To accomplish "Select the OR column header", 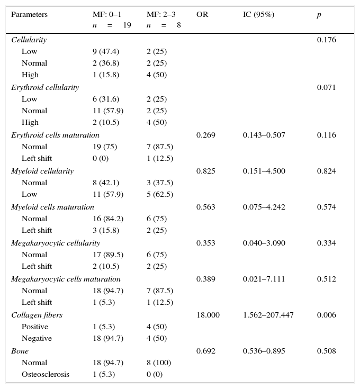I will [202, 15].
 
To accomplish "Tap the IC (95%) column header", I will [258, 15].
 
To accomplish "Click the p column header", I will [319, 15].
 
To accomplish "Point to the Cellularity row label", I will [29, 40].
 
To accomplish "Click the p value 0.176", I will [326, 40].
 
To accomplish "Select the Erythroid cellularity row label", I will [45, 88].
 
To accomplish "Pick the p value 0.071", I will [326, 88].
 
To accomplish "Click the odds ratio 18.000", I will [208, 315].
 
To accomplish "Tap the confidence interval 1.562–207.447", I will [268, 315].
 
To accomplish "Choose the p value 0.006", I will [326, 315].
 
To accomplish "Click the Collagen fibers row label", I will [37, 315].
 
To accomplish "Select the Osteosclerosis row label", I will [45, 375].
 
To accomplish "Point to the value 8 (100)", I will [159, 363].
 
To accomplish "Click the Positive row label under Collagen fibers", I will [34, 327].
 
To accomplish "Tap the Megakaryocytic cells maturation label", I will [66, 279].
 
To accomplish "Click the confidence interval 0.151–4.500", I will [264, 171].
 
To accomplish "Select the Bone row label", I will [20, 351].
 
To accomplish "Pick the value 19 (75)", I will [105, 147].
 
